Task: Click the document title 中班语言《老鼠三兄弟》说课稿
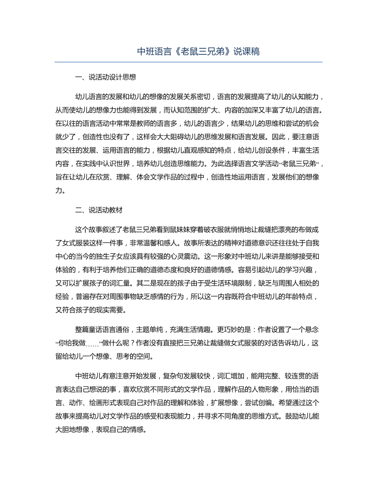point(188,51)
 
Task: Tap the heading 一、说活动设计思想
point(105,77)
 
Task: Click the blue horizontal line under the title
point(188,62)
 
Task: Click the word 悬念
point(311,329)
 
